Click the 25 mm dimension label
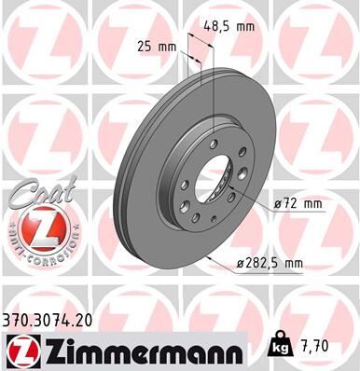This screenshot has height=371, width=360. coord(156,45)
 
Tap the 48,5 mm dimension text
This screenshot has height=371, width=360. coord(229,26)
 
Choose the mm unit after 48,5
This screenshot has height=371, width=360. coord(244,26)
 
